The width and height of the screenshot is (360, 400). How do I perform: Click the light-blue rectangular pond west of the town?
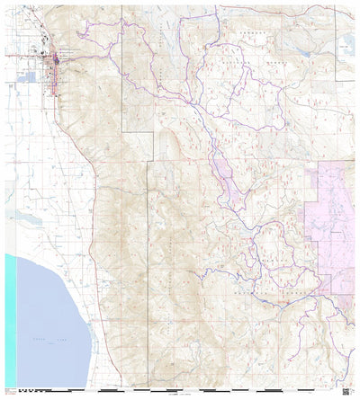[x=31, y=76]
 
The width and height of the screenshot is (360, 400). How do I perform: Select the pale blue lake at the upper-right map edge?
[x=348, y=41]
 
